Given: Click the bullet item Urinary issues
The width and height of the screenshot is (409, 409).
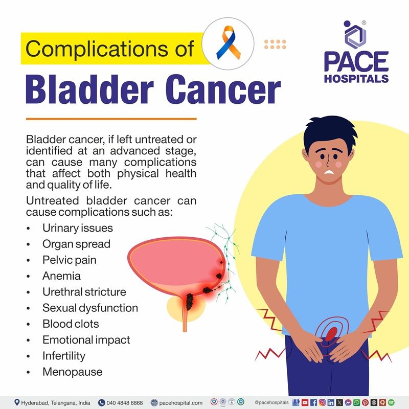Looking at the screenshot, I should pos(77,228).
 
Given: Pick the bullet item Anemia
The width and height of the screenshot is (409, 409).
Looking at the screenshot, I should pos(61,276).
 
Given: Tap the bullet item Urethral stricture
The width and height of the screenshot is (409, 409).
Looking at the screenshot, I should pos(84,292).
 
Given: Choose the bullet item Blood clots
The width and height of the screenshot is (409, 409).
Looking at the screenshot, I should pos(71,324).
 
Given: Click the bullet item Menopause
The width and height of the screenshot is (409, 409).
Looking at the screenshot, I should pos(72,372).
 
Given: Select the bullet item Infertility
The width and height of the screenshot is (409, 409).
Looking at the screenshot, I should pos(64,356).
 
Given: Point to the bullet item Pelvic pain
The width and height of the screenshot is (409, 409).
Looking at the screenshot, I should pos(69,260).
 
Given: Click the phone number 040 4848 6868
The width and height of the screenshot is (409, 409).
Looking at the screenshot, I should pos(124,403).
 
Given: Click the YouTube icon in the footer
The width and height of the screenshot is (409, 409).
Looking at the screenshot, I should pos(305,403).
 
